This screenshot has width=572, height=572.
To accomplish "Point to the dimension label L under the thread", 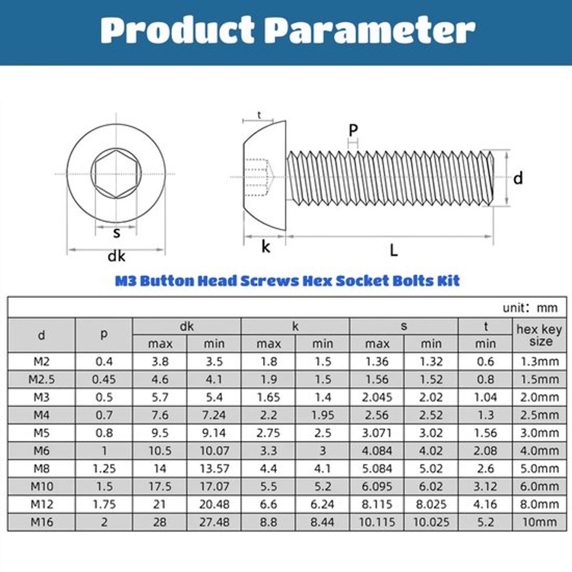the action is (394, 250).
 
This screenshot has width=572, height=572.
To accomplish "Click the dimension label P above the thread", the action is (353, 130).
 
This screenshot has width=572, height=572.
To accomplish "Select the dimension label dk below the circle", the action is (116, 256).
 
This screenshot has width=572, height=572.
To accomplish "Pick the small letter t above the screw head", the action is (259, 114).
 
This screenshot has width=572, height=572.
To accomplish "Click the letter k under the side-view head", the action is (266, 246).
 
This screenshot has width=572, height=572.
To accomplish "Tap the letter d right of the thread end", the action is (518, 178).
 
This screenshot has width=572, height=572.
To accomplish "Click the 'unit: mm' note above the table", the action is (530, 308).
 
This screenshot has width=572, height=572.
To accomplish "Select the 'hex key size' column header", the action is (539, 335).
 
